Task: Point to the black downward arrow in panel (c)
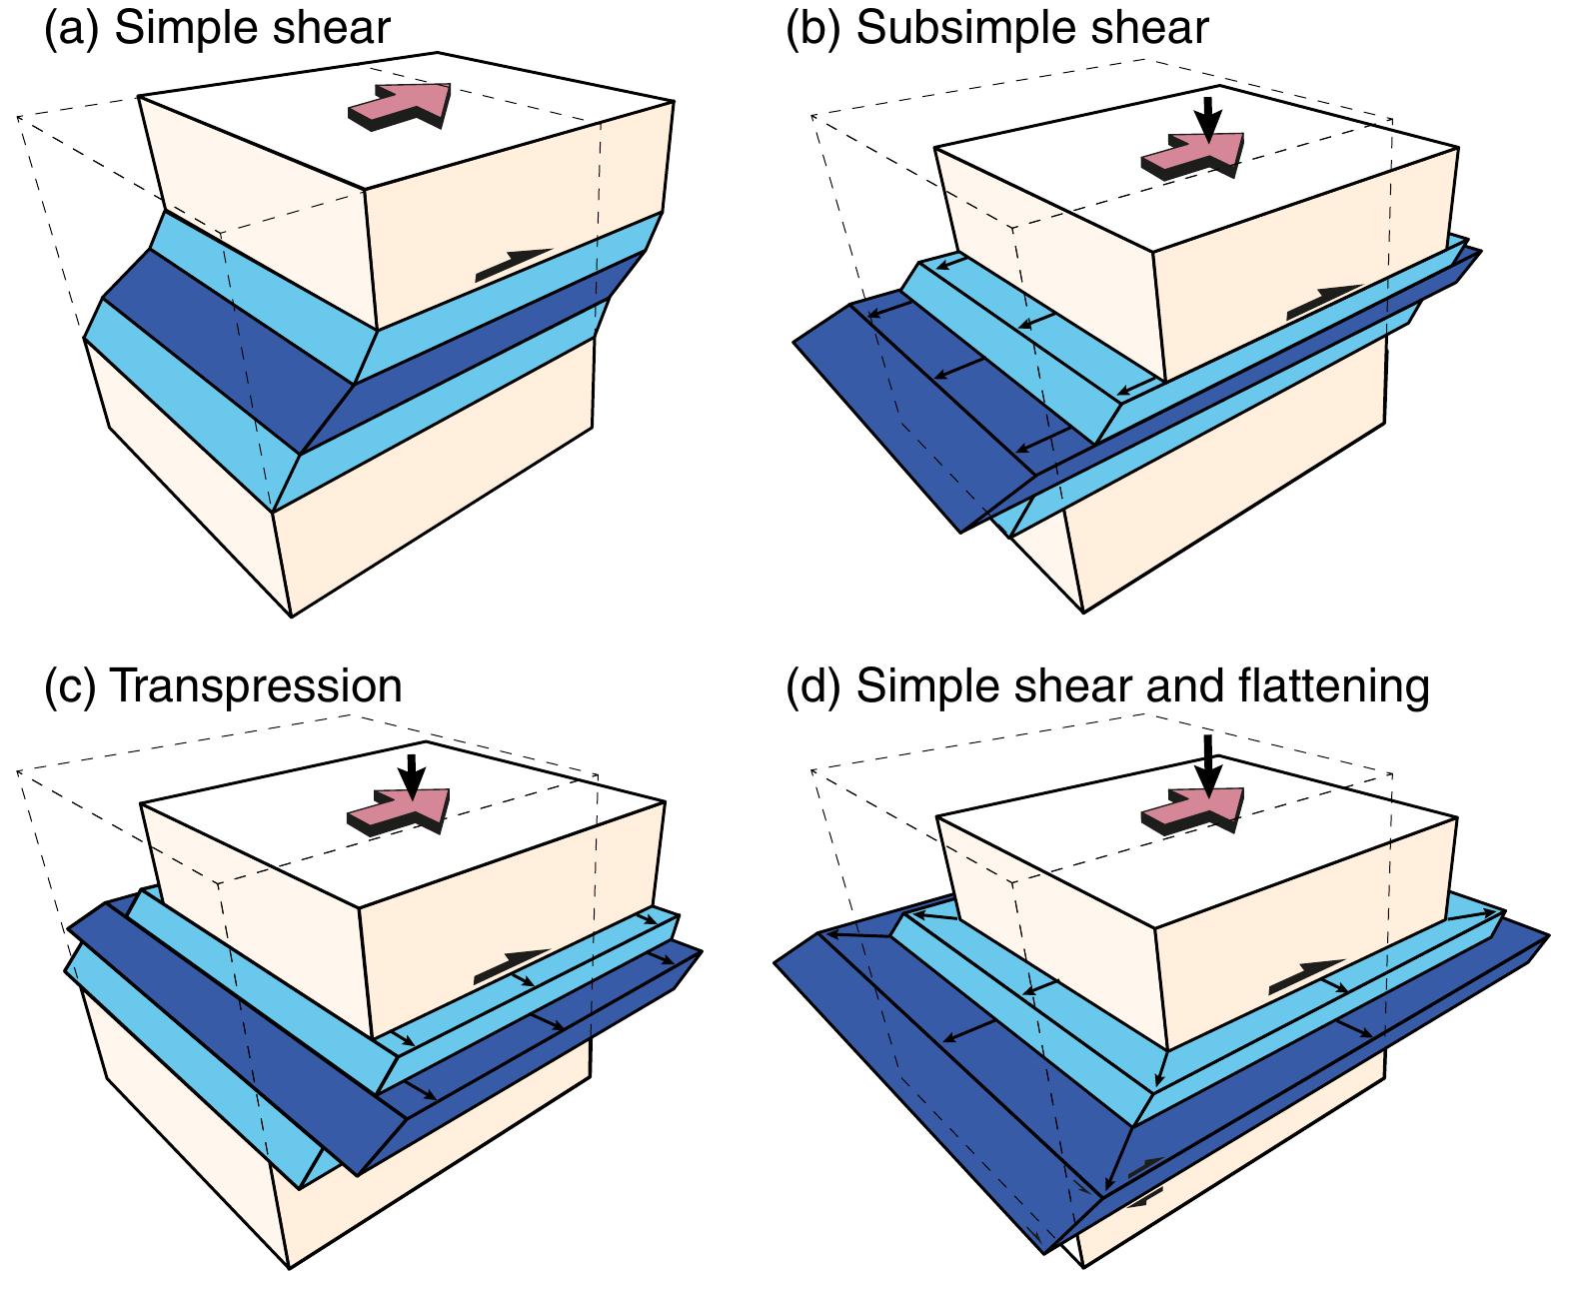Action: pyautogui.click(x=412, y=774)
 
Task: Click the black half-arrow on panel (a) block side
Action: pyautogui.click(x=513, y=264)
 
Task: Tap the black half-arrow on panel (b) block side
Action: pyautogui.click(x=1323, y=301)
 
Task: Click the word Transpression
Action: pyautogui.click(x=254, y=686)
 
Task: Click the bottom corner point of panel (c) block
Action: pyautogui.click(x=290, y=1268)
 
